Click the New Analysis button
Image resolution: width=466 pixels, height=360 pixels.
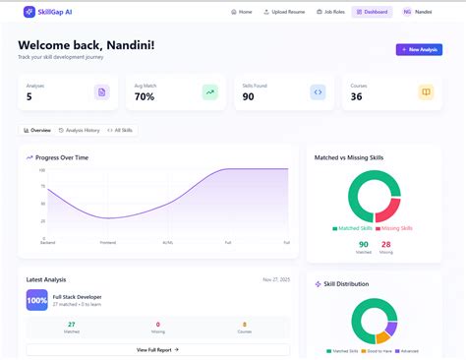pyautogui.click(x=419, y=49)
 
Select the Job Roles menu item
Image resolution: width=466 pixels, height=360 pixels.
pyautogui.click(x=329, y=12)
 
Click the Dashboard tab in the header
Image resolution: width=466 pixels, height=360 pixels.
pyautogui.click(x=373, y=12)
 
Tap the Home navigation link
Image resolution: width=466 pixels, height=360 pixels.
pyautogui.click(x=242, y=12)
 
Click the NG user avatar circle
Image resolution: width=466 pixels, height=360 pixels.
pyautogui.click(x=407, y=12)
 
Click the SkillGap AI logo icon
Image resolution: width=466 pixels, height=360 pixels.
pyautogui.click(x=29, y=12)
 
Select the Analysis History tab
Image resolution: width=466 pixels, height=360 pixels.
pyautogui.click(x=79, y=130)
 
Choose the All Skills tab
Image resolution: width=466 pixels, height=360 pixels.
pyautogui.click(x=121, y=130)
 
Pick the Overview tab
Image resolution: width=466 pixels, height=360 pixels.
pyautogui.click(x=37, y=130)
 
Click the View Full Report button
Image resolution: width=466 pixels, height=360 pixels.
pyautogui.click(x=157, y=349)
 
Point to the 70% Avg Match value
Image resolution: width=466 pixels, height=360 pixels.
pyautogui.click(x=145, y=96)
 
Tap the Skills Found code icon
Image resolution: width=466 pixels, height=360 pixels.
pyautogui.click(x=318, y=92)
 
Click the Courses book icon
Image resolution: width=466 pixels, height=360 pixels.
pyautogui.click(x=426, y=92)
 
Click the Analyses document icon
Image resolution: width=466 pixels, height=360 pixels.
pyautogui.click(x=101, y=92)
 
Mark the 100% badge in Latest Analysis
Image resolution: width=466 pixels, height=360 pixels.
pyautogui.click(x=36, y=299)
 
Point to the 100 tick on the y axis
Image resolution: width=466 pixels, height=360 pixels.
pyautogui.click(x=42, y=170)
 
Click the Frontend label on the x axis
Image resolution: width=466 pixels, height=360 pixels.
pyautogui.click(x=108, y=242)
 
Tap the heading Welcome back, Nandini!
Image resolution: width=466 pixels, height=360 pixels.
pyautogui.click(x=87, y=45)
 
